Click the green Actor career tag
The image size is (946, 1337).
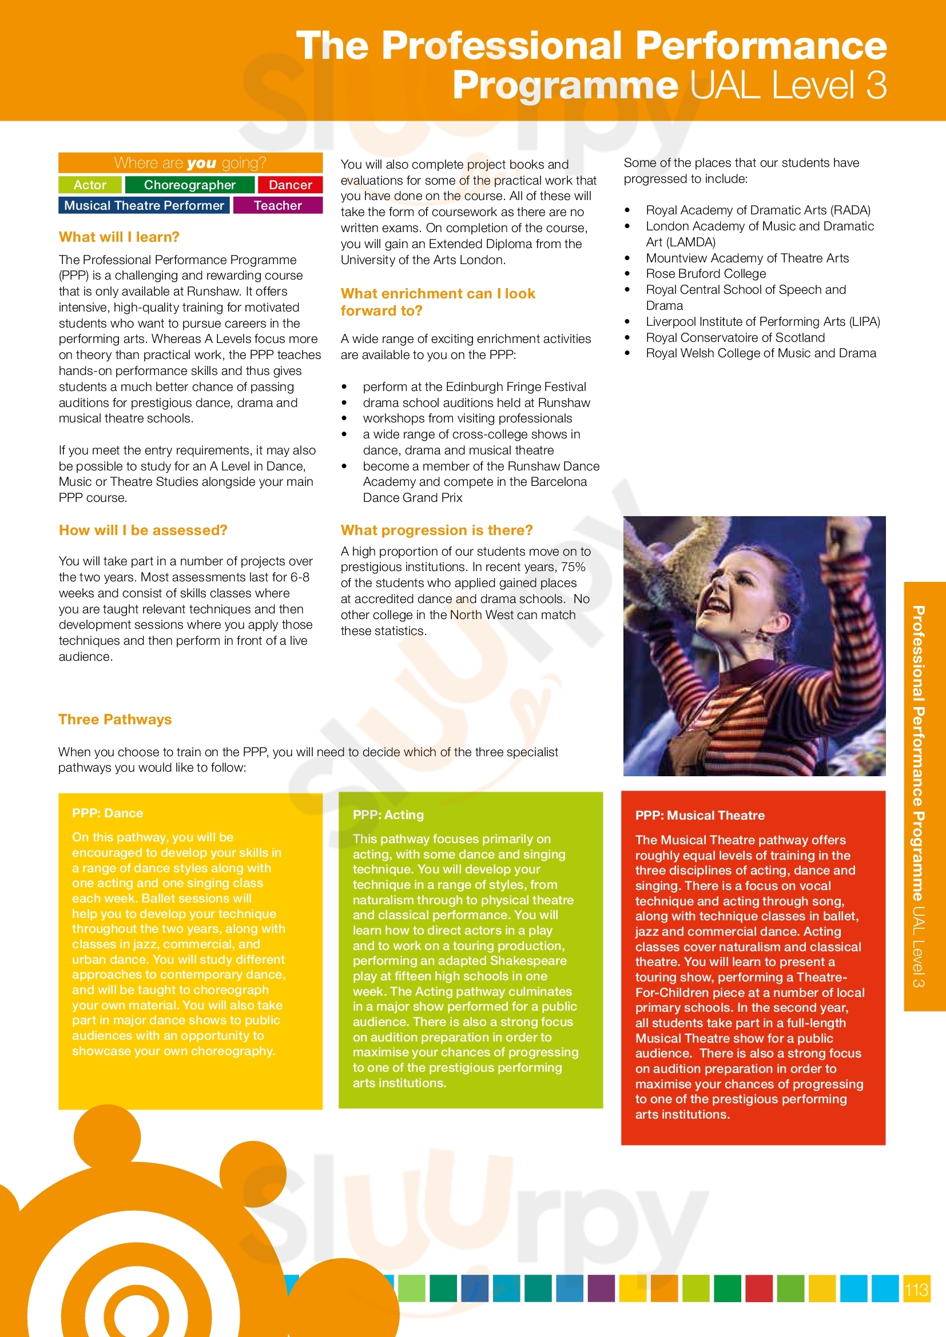[90, 185]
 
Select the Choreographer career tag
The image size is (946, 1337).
[190, 185]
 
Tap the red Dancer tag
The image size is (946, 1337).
[290, 185]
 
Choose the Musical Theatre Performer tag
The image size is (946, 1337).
[144, 206]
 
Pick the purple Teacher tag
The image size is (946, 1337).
[278, 206]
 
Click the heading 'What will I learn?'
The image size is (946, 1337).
[119, 237]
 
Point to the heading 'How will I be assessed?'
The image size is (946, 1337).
[143, 530]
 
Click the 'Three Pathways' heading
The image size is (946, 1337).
[115, 720]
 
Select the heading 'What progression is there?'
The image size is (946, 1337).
[436, 530]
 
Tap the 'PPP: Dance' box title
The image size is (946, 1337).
[107, 813]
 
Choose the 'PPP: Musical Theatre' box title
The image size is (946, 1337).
[699, 816]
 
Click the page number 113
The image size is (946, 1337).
[916, 1289]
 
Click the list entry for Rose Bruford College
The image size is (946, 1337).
[705, 274]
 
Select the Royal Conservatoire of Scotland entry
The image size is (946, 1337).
[735, 338]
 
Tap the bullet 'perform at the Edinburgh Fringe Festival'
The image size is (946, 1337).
[474, 387]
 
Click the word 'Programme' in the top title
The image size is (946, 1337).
[565, 86]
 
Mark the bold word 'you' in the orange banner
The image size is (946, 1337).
[201, 163]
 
